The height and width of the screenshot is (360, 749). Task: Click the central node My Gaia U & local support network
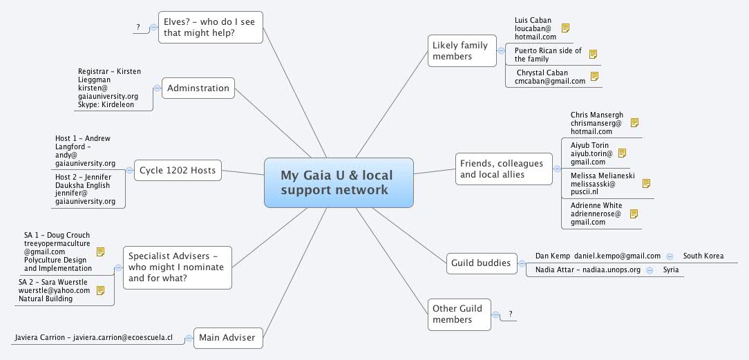(x=339, y=182)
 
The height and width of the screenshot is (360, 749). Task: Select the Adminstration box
(x=198, y=88)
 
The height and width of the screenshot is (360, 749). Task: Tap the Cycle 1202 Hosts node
(x=178, y=170)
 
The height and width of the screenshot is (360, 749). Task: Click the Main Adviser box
(x=227, y=338)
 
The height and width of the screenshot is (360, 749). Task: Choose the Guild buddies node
(x=481, y=263)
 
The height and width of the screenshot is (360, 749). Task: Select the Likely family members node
(x=462, y=50)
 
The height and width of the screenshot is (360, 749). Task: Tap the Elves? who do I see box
(x=210, y=27)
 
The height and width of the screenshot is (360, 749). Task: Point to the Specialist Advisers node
(x=178, y=267)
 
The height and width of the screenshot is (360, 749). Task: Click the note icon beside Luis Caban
(x=565, y=28)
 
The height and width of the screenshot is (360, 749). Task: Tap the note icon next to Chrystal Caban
(x=594, y=77)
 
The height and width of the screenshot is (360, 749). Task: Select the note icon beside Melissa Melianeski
(x=647, y=184)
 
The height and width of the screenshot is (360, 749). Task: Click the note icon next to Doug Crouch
(x=100, y=252)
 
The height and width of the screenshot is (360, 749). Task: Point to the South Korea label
(x=703, y=256)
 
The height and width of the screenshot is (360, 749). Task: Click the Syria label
(x=670, y=269)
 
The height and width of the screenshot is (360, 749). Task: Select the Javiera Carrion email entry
(x=93, y=339)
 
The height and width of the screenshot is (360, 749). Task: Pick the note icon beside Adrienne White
(x=634, y=214)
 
